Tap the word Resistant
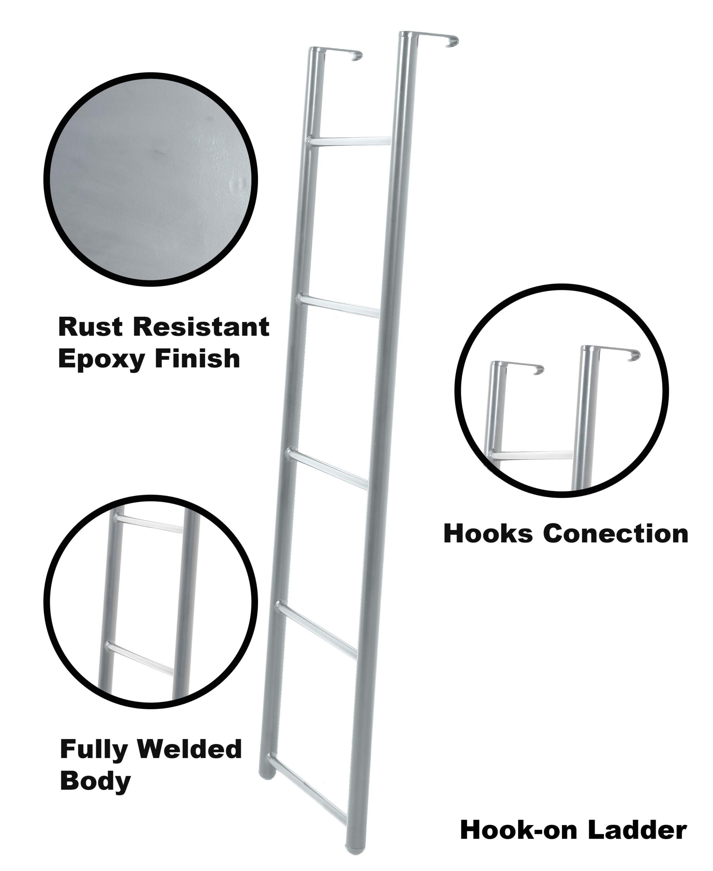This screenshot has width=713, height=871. coord(201,327)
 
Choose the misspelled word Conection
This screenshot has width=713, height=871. coord(616,534)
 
